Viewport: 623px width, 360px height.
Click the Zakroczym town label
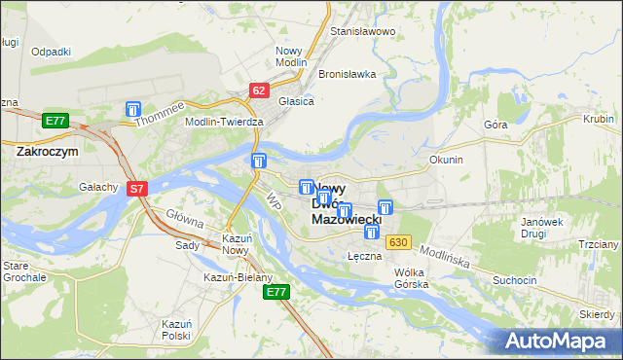[47, 152]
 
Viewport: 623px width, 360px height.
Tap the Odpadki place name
[51, 51]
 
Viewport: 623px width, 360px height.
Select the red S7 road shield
[137, 189]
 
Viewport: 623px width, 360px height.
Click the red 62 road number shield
[258, 90]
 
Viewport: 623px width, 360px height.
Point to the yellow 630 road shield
[397, 241]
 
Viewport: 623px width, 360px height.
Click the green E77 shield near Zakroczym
[55, 121]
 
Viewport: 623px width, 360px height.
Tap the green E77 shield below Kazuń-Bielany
[277, 292]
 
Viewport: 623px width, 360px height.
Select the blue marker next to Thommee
[133, 111]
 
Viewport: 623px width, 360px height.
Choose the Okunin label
[445, 160]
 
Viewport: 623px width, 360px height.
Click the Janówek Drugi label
[543, 228]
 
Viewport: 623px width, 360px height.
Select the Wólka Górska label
[412, 278]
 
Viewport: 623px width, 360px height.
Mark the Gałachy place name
[99, 187]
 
